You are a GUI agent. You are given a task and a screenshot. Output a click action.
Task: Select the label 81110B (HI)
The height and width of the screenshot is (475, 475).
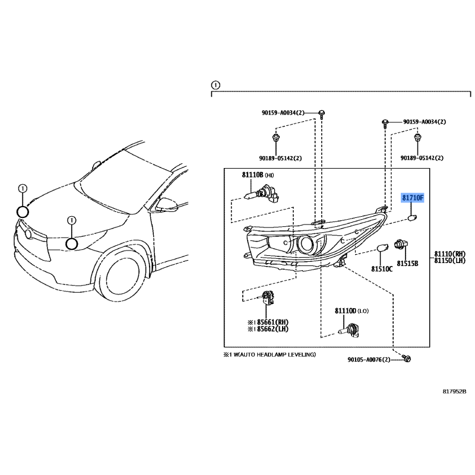tap(257, 176)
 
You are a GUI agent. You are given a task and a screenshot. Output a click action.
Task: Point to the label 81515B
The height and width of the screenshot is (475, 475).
tap(408, 262)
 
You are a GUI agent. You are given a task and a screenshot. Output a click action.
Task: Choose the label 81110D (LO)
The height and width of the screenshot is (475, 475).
tap(351, 311)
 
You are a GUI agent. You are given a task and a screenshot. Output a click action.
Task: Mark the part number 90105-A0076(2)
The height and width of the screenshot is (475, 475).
tap(374, 360)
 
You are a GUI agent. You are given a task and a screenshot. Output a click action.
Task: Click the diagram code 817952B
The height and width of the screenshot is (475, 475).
tap(454, 391)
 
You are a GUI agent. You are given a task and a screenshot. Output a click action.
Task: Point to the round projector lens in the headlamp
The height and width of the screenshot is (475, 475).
tap(306, 243)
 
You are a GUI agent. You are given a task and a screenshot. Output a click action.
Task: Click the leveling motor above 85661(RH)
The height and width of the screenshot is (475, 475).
tap(268, 300)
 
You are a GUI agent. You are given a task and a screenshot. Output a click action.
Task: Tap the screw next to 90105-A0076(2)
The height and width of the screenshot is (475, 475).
tap(407, 359)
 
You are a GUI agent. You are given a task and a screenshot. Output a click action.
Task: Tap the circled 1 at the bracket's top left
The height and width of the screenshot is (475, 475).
tap(216, 84)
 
